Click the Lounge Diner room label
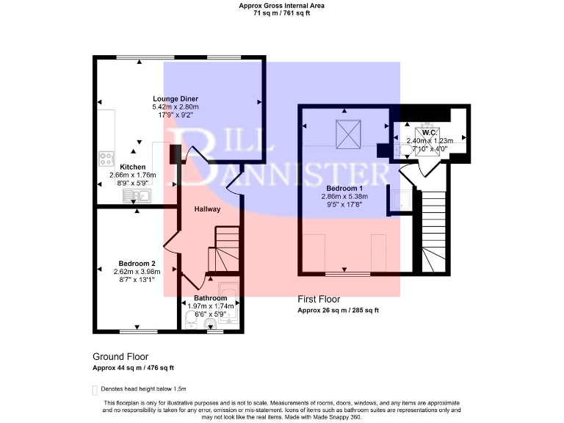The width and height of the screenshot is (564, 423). (176, 98)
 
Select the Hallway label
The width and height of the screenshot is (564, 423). (207, 209)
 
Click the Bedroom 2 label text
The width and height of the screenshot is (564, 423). (137, 263)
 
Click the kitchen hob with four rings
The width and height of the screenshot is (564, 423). (106, 159)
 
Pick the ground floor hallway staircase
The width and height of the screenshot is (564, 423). (224, 250)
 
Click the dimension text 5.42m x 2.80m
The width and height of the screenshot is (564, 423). (176, 107)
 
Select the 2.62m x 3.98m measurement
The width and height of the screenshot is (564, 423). (137, 271)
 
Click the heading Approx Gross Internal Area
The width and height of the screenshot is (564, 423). (281, 5)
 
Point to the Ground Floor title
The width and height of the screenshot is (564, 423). (120, 357)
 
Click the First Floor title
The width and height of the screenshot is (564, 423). (322, 300)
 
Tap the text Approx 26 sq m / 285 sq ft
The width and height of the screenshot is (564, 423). (338, 311)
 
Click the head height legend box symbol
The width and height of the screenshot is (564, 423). (94, 388)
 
